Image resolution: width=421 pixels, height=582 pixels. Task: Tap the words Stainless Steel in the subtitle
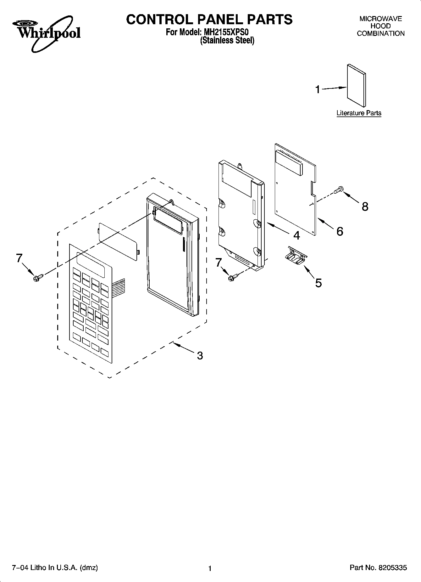coord(227,41)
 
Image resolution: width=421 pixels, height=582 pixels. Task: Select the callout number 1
coord(318,90)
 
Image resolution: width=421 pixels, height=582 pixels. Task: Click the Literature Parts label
coord(359,113)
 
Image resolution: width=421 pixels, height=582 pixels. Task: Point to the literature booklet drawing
coord(357,86)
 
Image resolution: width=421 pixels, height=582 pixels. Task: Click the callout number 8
coord(365,207)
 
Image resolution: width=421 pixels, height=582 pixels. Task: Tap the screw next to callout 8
coord(339,190)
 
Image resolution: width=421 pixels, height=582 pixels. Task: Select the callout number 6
coord(340,231)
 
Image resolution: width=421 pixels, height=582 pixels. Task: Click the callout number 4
coord(296,235)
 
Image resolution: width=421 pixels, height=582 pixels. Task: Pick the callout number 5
coord(318,283)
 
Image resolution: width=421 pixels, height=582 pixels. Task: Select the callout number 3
coord(200,356)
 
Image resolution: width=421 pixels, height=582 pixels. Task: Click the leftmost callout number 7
coord(19,258)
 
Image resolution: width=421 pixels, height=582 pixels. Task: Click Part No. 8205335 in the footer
coord(378,568)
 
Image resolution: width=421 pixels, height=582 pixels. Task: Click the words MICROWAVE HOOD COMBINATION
coord(380,26)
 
